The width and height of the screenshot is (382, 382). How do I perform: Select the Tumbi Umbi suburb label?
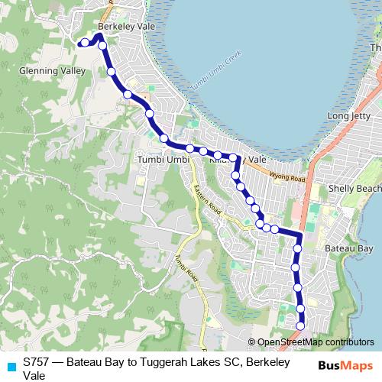click(x=161, y=158)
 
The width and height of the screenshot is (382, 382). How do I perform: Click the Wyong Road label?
click(x=287, y=178)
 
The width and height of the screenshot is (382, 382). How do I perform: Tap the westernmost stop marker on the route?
click(x=83, y=43)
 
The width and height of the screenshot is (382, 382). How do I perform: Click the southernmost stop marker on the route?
click(x=300, y=326)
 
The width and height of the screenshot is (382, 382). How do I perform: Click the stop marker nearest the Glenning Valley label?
click(x=112, y=72)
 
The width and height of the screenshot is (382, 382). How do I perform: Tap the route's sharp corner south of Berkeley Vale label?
click(x=99, y=35)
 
